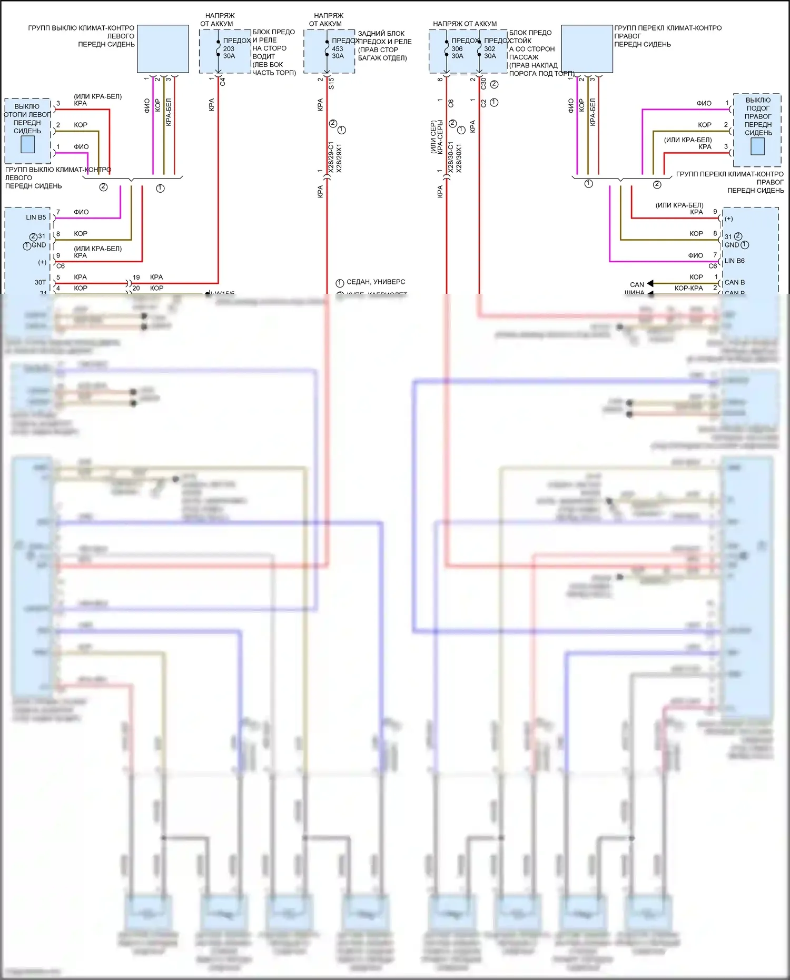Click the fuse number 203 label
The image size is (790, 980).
[x=229, y=48]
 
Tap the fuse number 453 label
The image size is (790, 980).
[x=338, y=48]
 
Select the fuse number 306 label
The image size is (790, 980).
[x=457, y=48]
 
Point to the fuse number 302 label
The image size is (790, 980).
[x=490, y=48]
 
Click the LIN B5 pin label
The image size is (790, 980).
[x=36, y=217]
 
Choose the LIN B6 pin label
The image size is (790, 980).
[x=734, y=261]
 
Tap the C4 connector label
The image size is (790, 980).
[x=223, y=82]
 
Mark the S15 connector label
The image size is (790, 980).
[x=331, y=83]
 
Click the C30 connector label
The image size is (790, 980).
[x=483, y=83]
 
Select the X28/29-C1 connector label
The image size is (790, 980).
[x=331, y=157]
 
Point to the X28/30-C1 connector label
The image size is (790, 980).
[x=450, y=157]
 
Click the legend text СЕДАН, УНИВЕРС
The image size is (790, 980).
[x=376, y=282]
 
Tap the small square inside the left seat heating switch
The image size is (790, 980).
[x=27, y=144]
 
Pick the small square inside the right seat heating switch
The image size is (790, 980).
[x=757, y=146]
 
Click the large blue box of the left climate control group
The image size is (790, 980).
[x=163, y=48]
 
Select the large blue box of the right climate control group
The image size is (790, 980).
[x=587, y=48]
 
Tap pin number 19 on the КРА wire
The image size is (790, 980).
[x=136, y=277]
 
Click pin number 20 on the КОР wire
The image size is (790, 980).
[x=136, y=288]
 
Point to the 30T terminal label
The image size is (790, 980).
[x=40, y=282]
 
